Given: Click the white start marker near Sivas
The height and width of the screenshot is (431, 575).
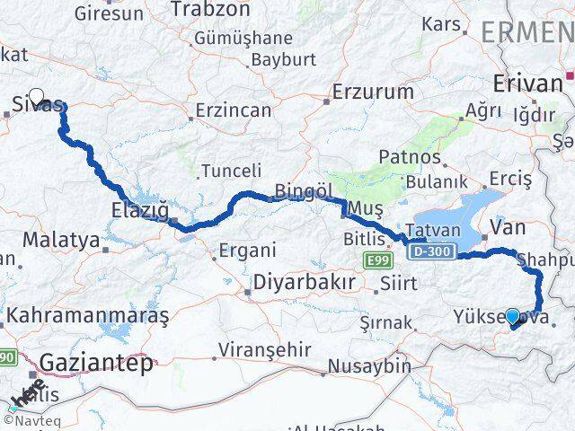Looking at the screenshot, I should click(37, 95).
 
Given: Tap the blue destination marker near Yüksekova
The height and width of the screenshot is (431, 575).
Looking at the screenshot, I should click(512, 316).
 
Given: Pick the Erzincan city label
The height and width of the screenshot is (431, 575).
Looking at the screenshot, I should click(235, 110).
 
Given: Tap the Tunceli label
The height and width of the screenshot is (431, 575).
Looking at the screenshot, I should click(231, 171).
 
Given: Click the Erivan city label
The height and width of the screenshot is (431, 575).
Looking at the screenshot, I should click(527, 84).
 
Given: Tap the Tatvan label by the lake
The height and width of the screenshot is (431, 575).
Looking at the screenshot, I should click(433, 230).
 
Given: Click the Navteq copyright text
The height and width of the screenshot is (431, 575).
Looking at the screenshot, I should click(31, 418).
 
